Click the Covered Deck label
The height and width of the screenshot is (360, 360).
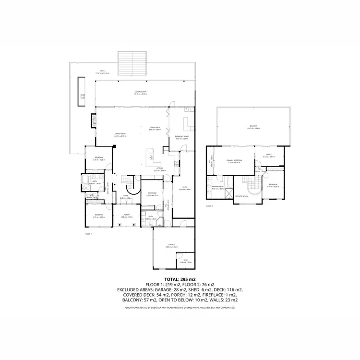(140, 92)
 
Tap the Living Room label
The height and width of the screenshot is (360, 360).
(120, 134)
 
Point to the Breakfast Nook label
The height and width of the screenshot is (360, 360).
(182, 136)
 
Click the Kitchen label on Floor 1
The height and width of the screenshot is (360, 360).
(160, 169)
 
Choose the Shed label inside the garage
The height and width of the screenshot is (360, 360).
(186, 261)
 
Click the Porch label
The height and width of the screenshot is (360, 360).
(127, 215)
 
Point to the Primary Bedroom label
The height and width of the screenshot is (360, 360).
(235, 161)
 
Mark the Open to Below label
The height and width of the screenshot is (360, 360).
(241, 196)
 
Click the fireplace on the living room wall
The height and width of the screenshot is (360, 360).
(93, 120)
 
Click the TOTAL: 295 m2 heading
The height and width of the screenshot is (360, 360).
(180, 279)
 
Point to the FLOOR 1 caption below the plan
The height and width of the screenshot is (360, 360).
(88, 234)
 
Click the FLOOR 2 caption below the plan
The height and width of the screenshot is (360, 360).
(209, 205)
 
